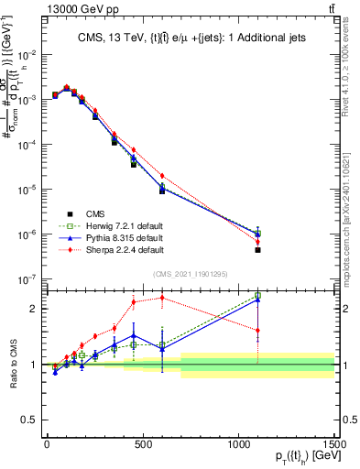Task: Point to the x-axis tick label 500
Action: click(x=142, y=443)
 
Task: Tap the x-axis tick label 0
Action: click(x=47, y=443)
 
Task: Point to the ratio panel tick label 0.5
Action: click(x=29, y=420)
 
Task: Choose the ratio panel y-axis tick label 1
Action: click(x=33, y=365)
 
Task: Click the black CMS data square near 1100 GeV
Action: click(x=258, y=250)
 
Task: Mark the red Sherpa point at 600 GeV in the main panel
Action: click(x=162, y=176)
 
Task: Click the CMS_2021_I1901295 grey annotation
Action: click(x=191, y=274)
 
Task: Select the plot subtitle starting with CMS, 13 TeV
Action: click(x=190, y=37)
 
